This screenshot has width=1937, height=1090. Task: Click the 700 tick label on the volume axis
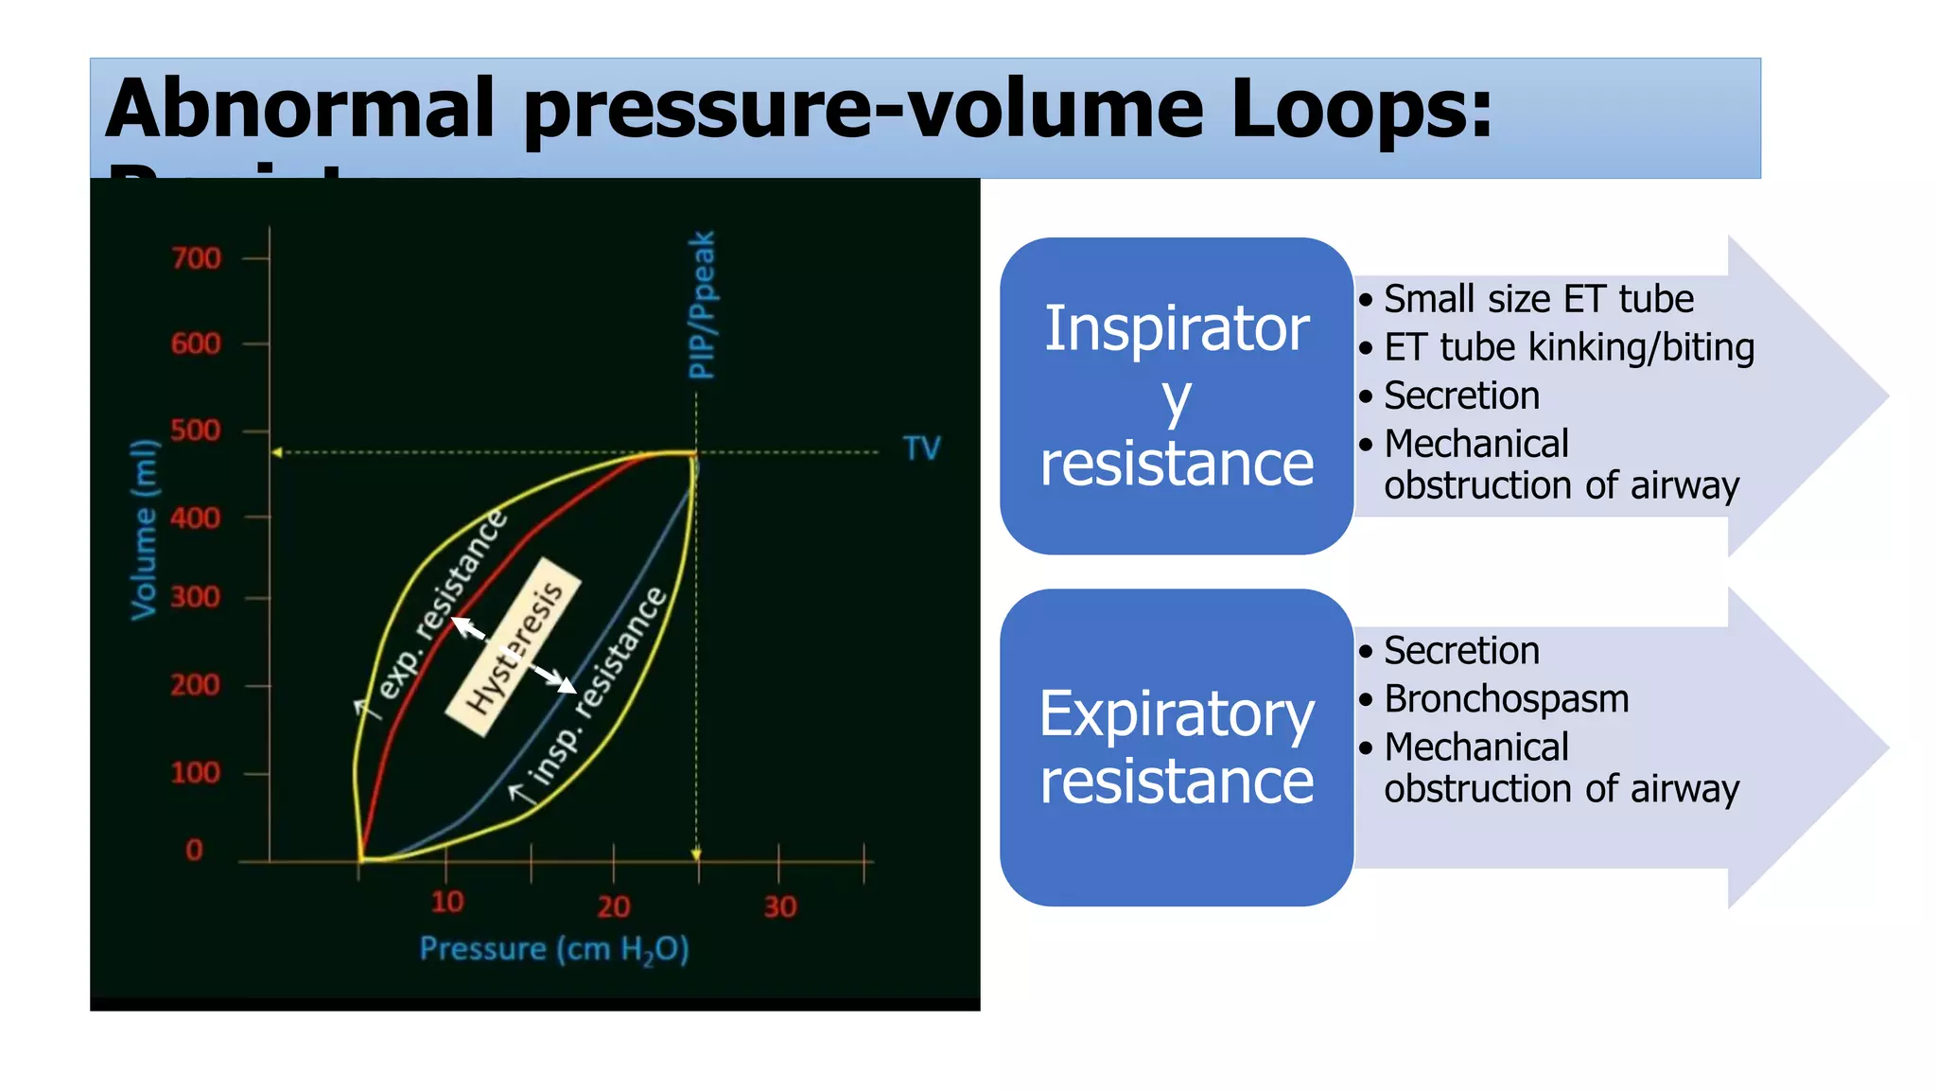(x=196, y=258)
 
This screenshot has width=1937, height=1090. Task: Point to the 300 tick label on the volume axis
(x=196, y=598)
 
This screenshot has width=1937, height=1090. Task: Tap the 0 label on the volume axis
(x=194, y=850)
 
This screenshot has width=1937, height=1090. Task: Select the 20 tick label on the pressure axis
(x=614, y=907)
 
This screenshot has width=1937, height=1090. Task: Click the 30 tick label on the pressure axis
(x=780, y=907)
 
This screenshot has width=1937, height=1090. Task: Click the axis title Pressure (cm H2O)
(x=554, y=949)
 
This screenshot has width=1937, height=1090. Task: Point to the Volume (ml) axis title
(x=144, y=529)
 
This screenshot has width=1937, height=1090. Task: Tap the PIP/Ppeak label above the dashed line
(x=702, y=305)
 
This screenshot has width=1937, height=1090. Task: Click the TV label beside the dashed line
(x=921, y=448)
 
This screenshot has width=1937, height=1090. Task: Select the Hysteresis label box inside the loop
(x=514, y=647)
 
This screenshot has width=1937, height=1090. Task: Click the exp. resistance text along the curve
(x=444, y=605)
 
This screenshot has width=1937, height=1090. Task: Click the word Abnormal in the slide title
(x=301, y=109)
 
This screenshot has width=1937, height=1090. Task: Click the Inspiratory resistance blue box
(x=1177, y=396)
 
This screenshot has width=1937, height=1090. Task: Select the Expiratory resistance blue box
(x=1177, y=747)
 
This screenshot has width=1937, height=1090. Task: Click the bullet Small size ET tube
(x=1538, y=299)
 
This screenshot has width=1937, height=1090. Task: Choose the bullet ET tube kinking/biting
(x=1568, y=347)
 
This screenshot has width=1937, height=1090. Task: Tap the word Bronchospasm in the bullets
(x=1506, y=699)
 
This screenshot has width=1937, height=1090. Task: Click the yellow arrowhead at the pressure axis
(x=696, y=854)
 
